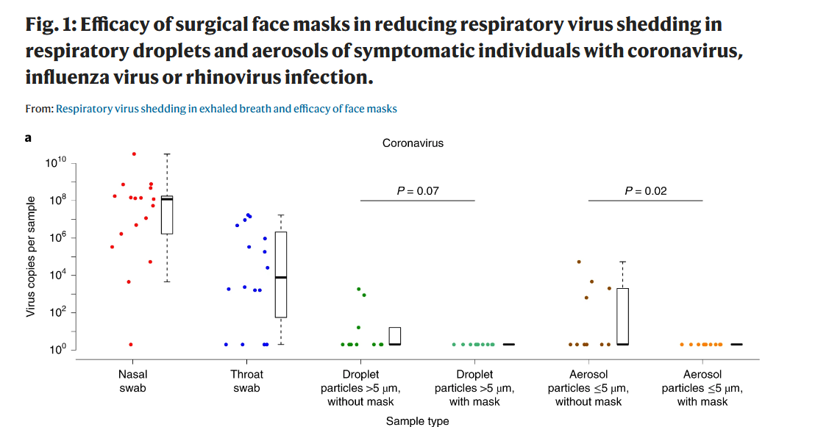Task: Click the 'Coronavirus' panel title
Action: (413, 143)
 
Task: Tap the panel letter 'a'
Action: (28, 137)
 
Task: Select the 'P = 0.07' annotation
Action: (418, 191)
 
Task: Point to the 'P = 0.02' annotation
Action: (645, 191)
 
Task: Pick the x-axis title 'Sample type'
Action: (417, 421)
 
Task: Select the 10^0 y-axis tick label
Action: (57, 350)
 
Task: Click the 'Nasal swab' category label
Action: (132, 381)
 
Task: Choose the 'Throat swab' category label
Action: (246, 381)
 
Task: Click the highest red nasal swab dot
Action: (134, 154)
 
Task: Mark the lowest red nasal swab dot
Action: (131, 344)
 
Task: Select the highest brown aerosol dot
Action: (579, 262)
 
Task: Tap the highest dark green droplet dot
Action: (359, 289)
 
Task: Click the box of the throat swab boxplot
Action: (281, 275)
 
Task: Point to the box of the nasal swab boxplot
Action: (167, 215)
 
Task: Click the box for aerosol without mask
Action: (622, 316)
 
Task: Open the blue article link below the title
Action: (227, 109)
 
